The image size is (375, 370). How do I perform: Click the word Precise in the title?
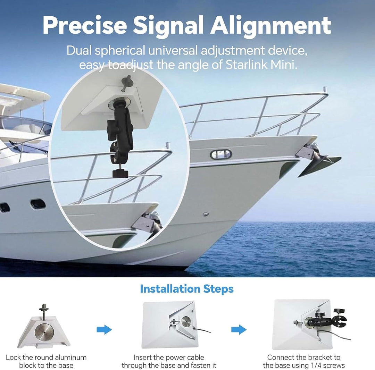(85, 25)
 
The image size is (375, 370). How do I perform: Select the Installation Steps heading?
(187, 289)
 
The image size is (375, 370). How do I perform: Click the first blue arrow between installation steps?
(104, 330)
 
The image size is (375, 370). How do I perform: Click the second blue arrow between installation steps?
(239, 330)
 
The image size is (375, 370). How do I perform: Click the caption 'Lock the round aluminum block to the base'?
(46, 361)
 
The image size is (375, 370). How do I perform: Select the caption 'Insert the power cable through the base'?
(169, 361)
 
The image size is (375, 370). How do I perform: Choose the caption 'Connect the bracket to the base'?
(304, 361)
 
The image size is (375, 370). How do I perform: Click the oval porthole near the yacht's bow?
(221, 154)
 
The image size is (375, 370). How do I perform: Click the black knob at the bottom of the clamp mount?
(120, 173)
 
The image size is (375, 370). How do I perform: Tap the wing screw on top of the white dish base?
(126, 83)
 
